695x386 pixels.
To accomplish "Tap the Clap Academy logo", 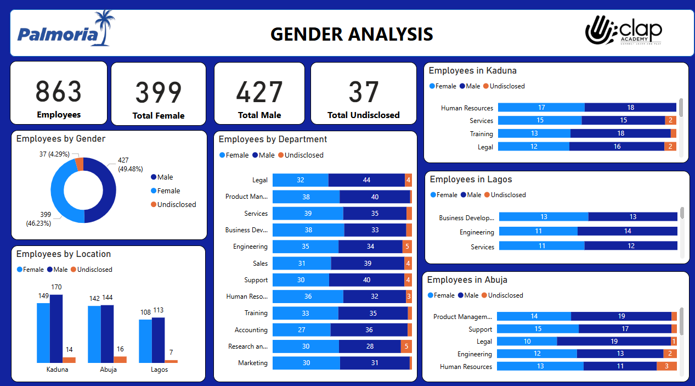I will (623, 30).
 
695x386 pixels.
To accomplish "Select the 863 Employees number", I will (59, 92).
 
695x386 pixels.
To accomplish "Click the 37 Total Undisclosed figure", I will (364, 92).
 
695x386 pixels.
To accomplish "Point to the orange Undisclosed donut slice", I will (80, 164).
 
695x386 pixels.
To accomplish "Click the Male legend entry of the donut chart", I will (165, 177).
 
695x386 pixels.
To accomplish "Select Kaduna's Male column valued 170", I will (56, 328).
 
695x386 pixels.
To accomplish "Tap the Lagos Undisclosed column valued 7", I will (171, 361).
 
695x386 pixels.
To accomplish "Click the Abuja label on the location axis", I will (108, 370).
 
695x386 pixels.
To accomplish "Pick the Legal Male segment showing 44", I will (366, 180).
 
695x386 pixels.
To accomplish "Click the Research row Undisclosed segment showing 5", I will (406, 346).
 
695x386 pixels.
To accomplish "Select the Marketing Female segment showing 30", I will (306, 363).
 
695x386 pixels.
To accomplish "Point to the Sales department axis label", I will (260, 264).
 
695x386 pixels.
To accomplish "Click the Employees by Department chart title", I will (273, 139).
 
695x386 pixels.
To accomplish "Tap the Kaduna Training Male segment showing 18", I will (620, 134).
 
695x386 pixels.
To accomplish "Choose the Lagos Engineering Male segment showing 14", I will (628, 232).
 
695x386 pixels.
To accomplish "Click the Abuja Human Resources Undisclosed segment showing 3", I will (666, 367).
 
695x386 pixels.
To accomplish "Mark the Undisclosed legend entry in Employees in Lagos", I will (507, 195).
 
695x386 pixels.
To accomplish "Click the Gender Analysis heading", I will (352, 34).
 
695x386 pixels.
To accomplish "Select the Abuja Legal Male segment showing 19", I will (614, 342).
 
